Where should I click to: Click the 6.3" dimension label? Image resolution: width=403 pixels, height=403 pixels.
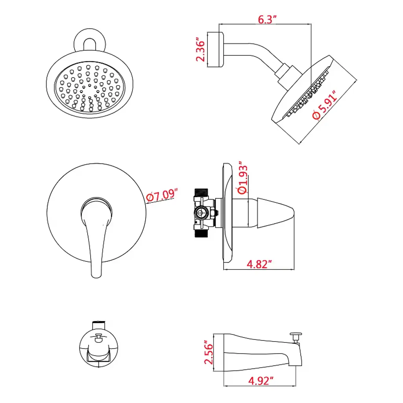click(x=267, y=20)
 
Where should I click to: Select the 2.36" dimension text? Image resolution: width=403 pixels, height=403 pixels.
click(x=201, y=50)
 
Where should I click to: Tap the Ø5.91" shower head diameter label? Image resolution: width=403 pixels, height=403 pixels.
click(x=325, y=105)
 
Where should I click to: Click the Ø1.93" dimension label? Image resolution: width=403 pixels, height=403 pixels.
click(x=242, y=178)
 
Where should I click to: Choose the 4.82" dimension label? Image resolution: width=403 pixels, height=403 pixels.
click(x=259, y=264)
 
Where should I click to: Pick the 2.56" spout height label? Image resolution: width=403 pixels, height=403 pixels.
click(x=209, y=352)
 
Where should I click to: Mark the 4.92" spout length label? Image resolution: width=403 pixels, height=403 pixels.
click(x=261, y=381)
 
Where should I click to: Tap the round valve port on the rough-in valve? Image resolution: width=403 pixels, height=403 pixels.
click(x=200, y=213)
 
